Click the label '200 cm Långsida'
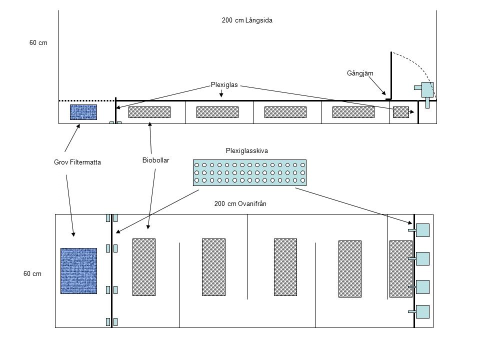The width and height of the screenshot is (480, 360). (x=246, y=20)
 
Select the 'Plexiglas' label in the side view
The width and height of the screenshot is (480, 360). (x=220, y=85)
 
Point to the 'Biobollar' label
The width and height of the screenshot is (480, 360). (x=155, y=160)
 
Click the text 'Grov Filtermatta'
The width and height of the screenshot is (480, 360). (x=77, y=162)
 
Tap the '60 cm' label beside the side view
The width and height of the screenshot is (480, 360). (x=38, y=43)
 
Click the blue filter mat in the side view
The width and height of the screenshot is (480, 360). (x=83, y=112)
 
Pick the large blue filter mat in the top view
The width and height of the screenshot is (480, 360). (x=78, y=270)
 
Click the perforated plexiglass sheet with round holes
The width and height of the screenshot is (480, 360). (x=249, y=172)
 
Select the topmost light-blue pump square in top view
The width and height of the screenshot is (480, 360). (x=423, y=230)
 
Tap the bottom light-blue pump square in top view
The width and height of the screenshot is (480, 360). (x=423, y=311)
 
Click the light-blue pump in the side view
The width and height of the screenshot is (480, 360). (x=427, y=90)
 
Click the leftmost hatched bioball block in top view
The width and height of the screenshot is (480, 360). (x=144, y=266)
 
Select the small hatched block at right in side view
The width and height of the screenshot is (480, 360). (x=400, y=112)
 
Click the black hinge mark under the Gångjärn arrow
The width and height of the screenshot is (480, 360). (x=388, y=99)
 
